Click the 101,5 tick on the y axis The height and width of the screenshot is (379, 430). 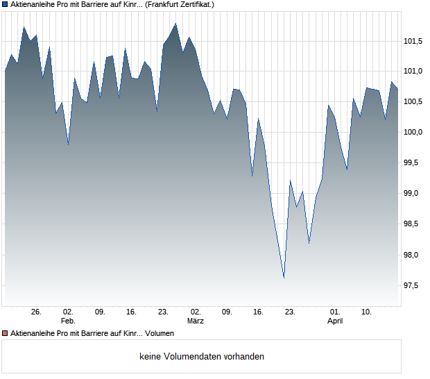point(413,41)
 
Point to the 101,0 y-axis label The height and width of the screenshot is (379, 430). point(413,71)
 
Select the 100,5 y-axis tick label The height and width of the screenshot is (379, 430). point(413,102)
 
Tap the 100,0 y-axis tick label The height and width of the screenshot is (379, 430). point(413,133)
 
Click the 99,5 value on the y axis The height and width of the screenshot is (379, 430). point(415,163)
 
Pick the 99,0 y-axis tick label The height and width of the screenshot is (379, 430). point(415,194)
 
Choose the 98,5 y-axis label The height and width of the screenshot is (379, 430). point(415,224)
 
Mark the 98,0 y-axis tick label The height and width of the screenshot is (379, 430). point(415,255)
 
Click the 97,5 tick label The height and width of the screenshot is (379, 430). point(415,285)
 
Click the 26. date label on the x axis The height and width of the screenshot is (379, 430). point(37,312)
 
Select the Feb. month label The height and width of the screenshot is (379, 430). point(68,321)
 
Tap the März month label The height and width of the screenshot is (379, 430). point(195,321)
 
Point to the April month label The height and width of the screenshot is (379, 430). point(335,321)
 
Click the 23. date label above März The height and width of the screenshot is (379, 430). point(164,312)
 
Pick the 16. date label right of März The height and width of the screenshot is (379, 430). point(259,312)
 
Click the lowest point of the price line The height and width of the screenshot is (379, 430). point(284,278)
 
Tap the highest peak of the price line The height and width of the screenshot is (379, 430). point(175,24)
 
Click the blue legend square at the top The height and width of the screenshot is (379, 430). point(5,4)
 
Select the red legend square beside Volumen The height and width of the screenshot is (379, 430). point(5,334)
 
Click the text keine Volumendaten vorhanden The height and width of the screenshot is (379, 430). point(202,357)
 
